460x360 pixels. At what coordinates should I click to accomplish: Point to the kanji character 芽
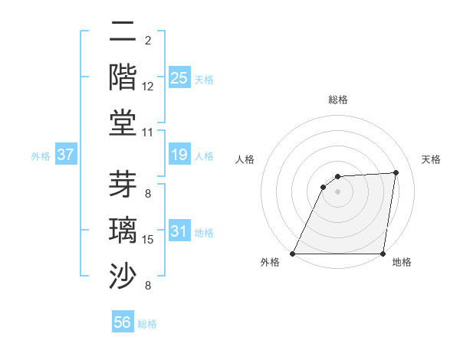[123, 184]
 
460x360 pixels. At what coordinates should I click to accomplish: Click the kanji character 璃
[123, 230]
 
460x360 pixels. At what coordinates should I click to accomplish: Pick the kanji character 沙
[123, 273]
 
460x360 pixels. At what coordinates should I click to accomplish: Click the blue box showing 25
[179, 77]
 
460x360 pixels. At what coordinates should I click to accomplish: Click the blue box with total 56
[123, 322]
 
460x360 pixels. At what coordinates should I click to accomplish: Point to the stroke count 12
[148, 87]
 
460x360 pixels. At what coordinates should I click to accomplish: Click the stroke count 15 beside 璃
[148, 240]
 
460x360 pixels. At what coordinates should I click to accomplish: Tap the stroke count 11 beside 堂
[148, 132]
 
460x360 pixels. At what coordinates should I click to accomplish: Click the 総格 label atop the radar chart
[338, 100]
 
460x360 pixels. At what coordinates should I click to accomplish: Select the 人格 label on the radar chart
[245, 159]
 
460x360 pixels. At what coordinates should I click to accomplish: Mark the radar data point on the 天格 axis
[396, 172]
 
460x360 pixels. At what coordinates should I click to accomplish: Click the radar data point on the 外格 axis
[293, 254]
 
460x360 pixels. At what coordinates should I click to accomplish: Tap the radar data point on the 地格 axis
[383, 254]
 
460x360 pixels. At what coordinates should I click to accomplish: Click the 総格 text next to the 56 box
[147, 324]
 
